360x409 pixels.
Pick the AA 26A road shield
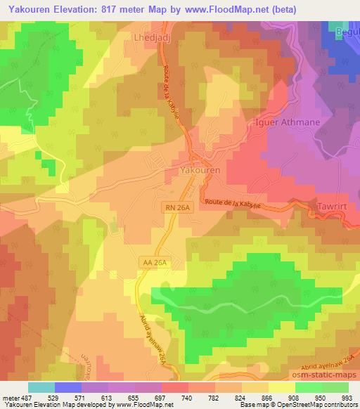[x=151, y=261]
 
